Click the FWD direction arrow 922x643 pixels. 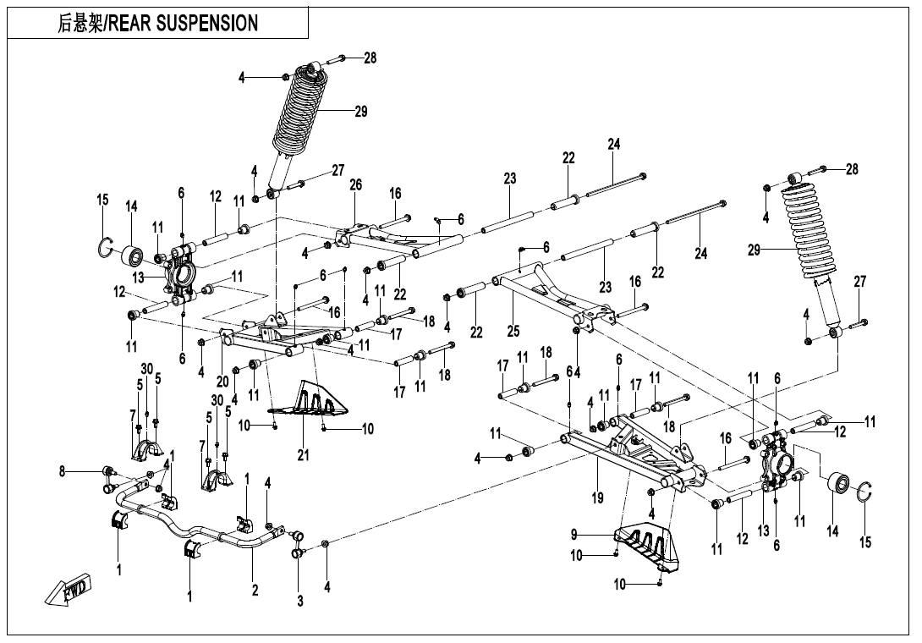(69, 589)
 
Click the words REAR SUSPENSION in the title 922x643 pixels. (183, 23)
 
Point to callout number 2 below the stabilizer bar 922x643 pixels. (255, 591)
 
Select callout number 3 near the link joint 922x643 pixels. (299, 601)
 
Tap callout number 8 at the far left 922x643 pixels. (63, 472)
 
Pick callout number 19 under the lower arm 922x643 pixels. (597, 498)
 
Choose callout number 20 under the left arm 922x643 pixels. (222, 382)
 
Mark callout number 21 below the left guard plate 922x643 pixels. (303, 455)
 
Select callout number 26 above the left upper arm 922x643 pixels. (355, 184)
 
